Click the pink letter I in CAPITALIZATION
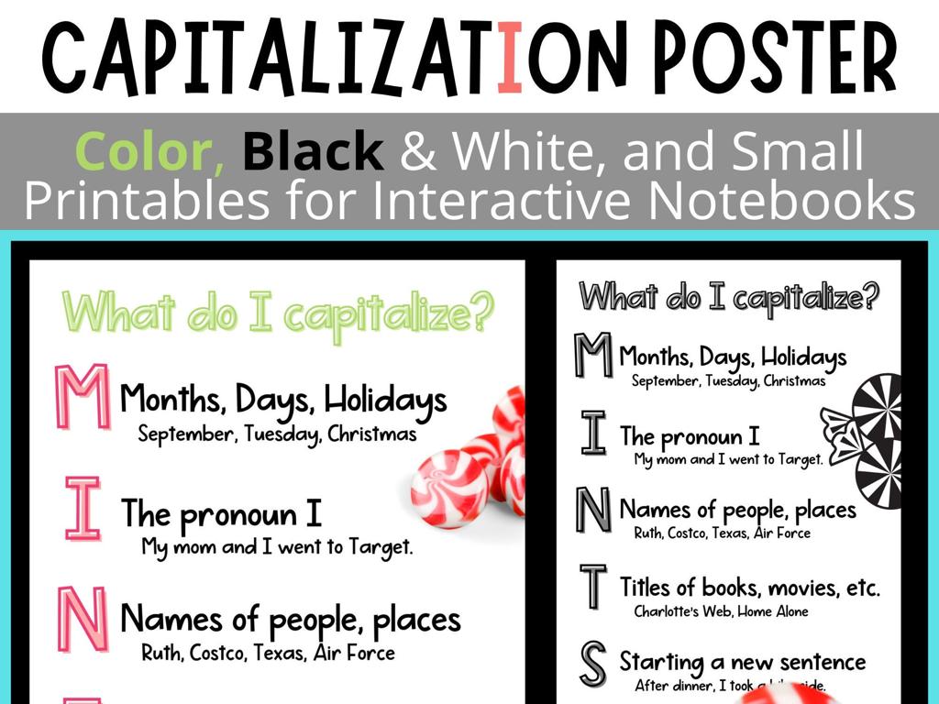click(x=512, y=57)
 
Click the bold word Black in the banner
click(x=313, y=152)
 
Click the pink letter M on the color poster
click(x=83, y=397)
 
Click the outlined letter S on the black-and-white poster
click(x=593, y=664)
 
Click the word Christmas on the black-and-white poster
click(x=794, y=381)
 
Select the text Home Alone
click(x=772, y=611)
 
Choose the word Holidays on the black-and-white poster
click(x=803, y=357)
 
